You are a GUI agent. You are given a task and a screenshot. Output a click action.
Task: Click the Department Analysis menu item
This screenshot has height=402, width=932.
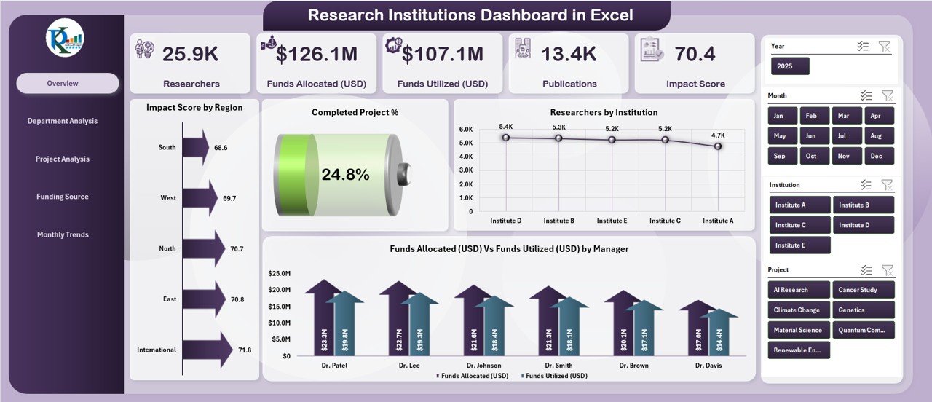[62, 121]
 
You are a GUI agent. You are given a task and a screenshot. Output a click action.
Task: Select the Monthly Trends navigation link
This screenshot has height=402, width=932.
[63, 234]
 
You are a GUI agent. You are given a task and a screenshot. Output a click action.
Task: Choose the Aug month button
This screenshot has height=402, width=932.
[875, 136]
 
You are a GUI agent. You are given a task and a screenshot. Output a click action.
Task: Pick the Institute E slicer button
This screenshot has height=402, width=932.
[799, 245]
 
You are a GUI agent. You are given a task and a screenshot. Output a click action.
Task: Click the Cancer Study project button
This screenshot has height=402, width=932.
[863, 290]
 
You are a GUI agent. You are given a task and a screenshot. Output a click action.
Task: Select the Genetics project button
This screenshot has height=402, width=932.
[863, 310]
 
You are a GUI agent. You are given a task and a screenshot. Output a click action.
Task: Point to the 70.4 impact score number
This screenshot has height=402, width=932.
[695, 54]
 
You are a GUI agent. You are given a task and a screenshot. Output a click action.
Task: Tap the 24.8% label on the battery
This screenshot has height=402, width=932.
[345, 175]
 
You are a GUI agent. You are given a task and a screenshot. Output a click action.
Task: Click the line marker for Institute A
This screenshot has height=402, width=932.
[718, 146]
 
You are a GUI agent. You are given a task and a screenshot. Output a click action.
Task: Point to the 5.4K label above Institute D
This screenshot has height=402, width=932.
[506, 127]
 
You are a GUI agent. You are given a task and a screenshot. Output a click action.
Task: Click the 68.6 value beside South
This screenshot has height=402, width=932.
[221, 148]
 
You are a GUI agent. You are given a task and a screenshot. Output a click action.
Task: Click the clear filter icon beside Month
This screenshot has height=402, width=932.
[886, 95]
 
